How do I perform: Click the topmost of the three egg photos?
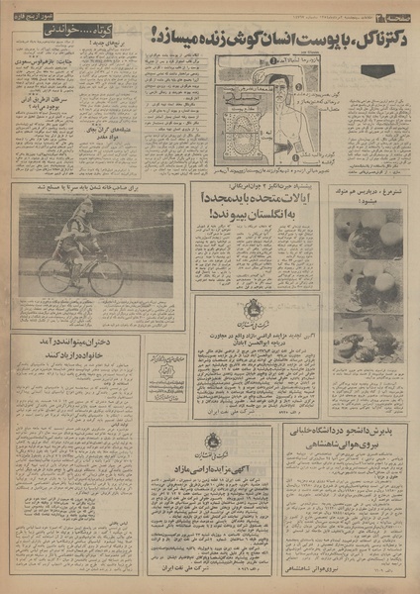(x=367, y=234)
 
